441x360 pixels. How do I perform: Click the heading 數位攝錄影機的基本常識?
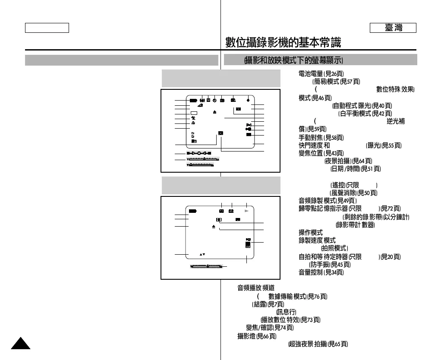(283, 42)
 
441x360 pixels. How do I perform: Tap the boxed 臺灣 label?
(393, 28)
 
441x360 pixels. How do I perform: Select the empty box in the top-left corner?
(47, 28)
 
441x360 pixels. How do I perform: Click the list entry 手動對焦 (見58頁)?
(321, 137)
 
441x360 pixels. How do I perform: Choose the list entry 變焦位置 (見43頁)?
(321, 153)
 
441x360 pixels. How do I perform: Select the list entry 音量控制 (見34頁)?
(321, 272)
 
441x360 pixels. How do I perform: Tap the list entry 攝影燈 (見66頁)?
(257, 336)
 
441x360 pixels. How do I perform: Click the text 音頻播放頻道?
(257, 287)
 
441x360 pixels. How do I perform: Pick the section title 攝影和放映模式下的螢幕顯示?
(296, 60)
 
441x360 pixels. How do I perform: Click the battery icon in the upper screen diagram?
(192, 100)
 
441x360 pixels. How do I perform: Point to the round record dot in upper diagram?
(249, 100)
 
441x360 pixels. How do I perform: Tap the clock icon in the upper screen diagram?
(214, 100)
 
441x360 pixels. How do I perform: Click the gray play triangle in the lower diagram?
(247, 212)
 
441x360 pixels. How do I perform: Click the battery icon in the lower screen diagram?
(192, 212)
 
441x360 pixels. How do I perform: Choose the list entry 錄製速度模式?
(317, 240)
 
